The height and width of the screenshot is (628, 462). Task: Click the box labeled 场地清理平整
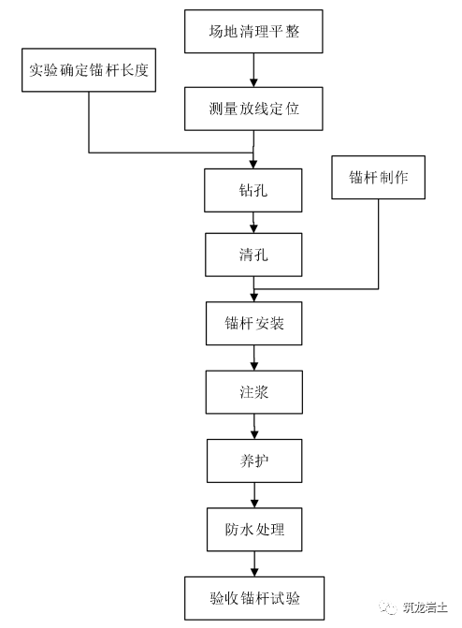[x=253, y=35]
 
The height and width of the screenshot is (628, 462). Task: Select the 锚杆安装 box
[x=253, y=324]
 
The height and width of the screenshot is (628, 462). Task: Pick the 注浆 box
[x=253, y=391]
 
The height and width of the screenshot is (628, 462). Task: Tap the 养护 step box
[x=253, y=461]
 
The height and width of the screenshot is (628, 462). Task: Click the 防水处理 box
[x=253, y=531]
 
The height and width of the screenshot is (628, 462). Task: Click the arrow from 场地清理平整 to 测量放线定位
[x=253, y=73]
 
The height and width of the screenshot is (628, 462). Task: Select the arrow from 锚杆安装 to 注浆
[x=253, y=358]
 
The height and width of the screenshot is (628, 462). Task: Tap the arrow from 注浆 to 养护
[x=253, y=426]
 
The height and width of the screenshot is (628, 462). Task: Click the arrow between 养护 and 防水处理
[x=253, y=496]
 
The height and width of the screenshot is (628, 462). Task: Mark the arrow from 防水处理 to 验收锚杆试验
[x=253, y=564]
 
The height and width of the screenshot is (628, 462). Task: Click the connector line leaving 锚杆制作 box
[x=378, y=243]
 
